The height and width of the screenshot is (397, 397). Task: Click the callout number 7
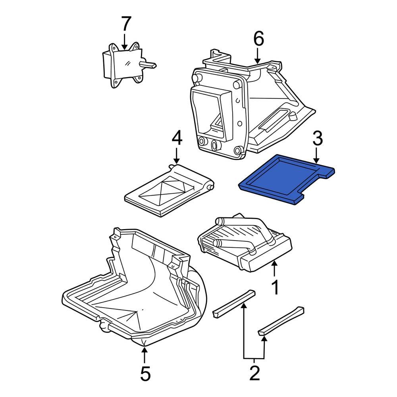click(125, 24)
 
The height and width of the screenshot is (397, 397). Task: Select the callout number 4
click(177, 139)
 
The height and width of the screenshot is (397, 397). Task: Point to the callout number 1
click(274, 287)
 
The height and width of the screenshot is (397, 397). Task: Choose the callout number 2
click(254, 373)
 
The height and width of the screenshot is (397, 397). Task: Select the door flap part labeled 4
click(167, 191)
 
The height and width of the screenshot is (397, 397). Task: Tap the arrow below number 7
click(125, 41)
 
